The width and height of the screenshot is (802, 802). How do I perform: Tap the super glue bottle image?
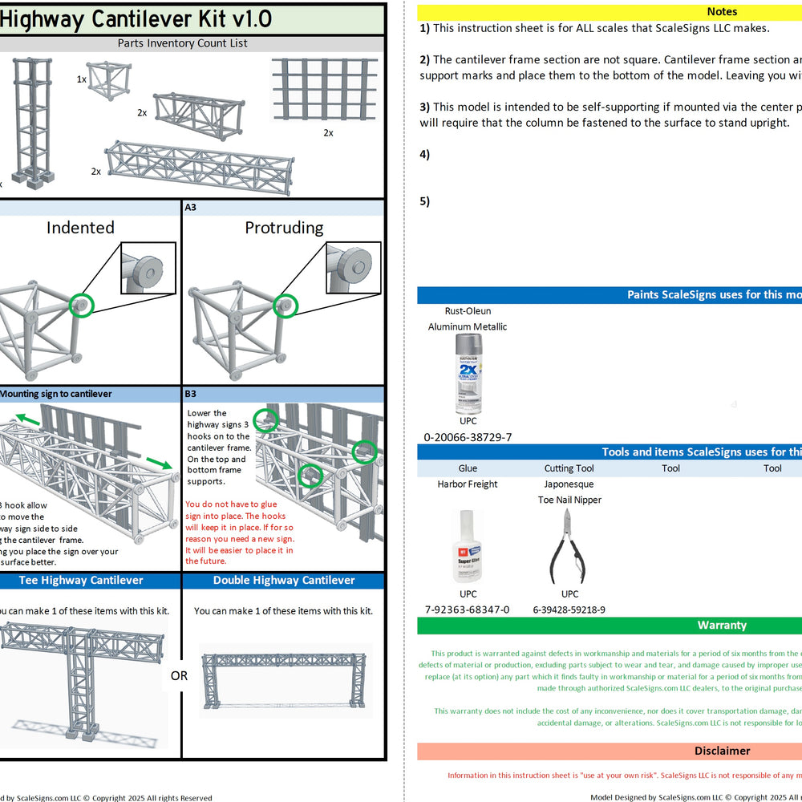point(468,546)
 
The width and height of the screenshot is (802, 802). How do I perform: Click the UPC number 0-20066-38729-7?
point(468,437)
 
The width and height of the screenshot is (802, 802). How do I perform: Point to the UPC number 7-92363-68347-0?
point(468,610)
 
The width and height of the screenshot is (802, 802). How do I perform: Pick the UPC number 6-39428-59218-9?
point(569,610)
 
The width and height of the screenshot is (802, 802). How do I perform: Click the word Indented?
point(80,228)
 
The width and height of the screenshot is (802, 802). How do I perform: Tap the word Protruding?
point(284,228)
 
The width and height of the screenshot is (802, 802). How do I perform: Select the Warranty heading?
point(722,625)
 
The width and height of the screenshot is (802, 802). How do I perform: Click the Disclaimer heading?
point(722,751)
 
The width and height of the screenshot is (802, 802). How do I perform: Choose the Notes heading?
point(722,12)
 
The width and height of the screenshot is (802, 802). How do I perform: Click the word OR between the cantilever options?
point(179,676)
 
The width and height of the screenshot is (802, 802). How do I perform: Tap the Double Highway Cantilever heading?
point(284,580)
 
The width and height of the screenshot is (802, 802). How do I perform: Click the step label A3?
point(191,207)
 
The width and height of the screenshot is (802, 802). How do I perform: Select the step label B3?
point(191,394)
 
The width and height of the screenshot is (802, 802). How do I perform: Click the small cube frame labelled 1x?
point(109,79)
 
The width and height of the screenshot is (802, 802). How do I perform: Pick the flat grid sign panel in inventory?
point(324,88)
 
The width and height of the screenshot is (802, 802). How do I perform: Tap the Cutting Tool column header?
point(569,468)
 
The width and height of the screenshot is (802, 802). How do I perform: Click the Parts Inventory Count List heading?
point(183,43)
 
